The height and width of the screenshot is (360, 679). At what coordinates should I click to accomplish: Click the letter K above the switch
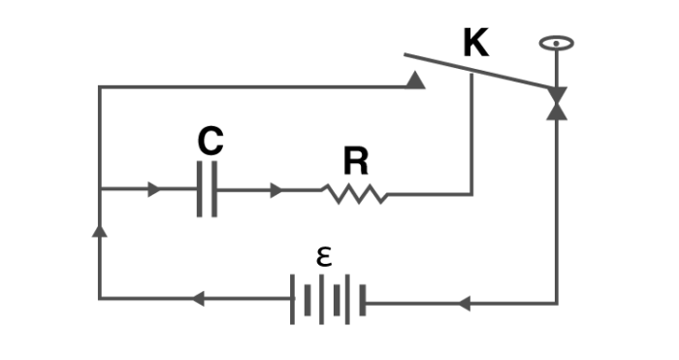[x=475, y=44]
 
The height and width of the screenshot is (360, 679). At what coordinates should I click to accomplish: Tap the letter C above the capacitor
[x=210, y=142]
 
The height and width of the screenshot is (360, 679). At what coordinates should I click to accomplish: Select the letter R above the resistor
[x=356, y=161]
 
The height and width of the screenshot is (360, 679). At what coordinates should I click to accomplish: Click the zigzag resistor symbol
[x=355, y=194]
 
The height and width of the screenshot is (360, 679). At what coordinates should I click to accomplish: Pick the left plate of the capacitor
[x=200, y=190]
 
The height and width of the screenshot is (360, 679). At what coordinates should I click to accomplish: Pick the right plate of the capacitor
[x=214, y=190]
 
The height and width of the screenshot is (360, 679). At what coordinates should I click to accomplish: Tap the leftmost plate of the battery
[x=293, y=300]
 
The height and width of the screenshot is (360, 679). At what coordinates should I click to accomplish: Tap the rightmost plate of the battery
[x=362, y=300]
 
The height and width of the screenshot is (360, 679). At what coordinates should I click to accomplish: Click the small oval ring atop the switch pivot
[x=557, y=44]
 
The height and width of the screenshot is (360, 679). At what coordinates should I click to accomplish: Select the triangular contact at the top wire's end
[x=415, y=80]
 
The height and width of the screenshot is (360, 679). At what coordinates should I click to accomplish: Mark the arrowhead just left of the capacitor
[x=154, y=190]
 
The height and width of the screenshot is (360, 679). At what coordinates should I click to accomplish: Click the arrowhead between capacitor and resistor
[x=276, y=190]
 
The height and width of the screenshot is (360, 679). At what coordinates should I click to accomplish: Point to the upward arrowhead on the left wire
[x=99, y=229]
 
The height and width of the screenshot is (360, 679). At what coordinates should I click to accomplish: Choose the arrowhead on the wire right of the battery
[x=464, y=304]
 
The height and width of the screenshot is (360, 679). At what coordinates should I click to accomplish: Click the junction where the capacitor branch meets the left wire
[x=99, y=190]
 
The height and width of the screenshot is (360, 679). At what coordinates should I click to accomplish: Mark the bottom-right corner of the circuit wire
[x=557, y=304]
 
